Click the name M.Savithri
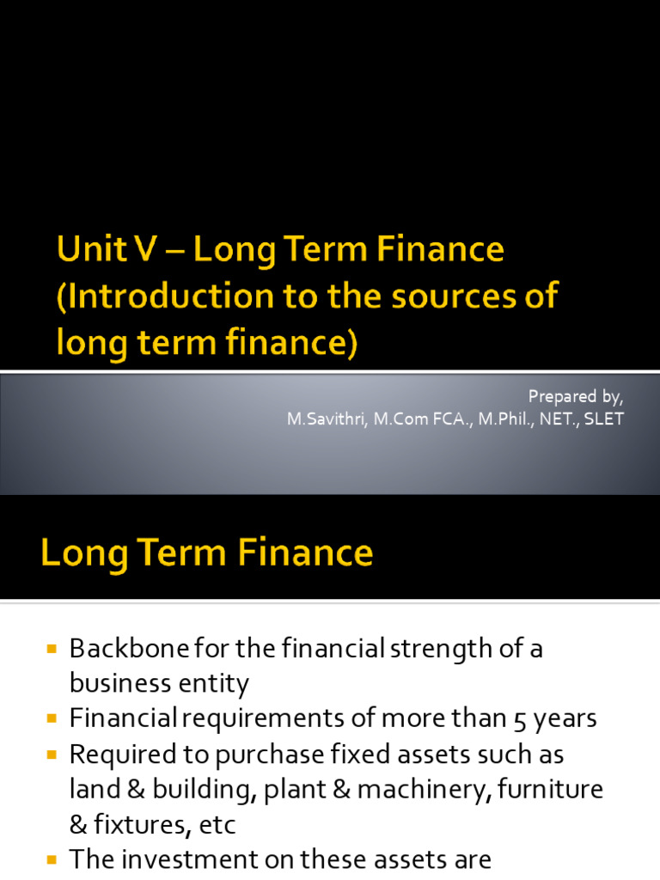(321, 419)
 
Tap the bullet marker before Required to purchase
(51, 754)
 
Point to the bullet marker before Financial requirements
(51, 718)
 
